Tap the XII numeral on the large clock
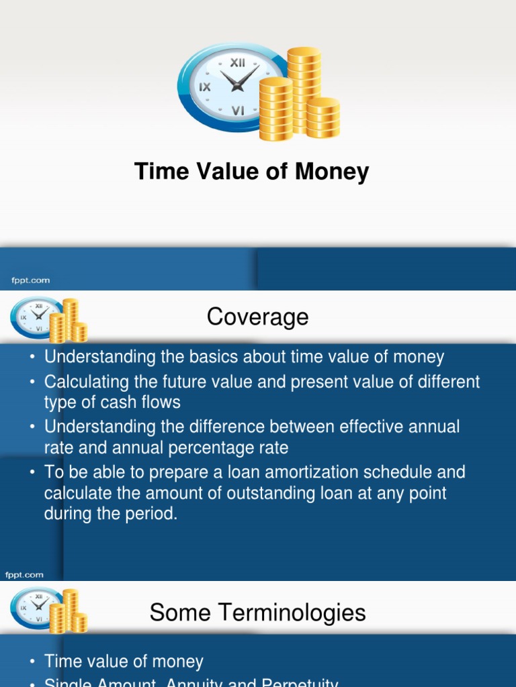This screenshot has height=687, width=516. click(237, 62)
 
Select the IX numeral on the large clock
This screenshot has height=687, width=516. click(204, 87)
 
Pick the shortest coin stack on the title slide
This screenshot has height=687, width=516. click(323, 118)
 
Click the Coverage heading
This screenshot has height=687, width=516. click(257, 317)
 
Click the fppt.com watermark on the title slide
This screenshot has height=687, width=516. click(28, 280)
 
